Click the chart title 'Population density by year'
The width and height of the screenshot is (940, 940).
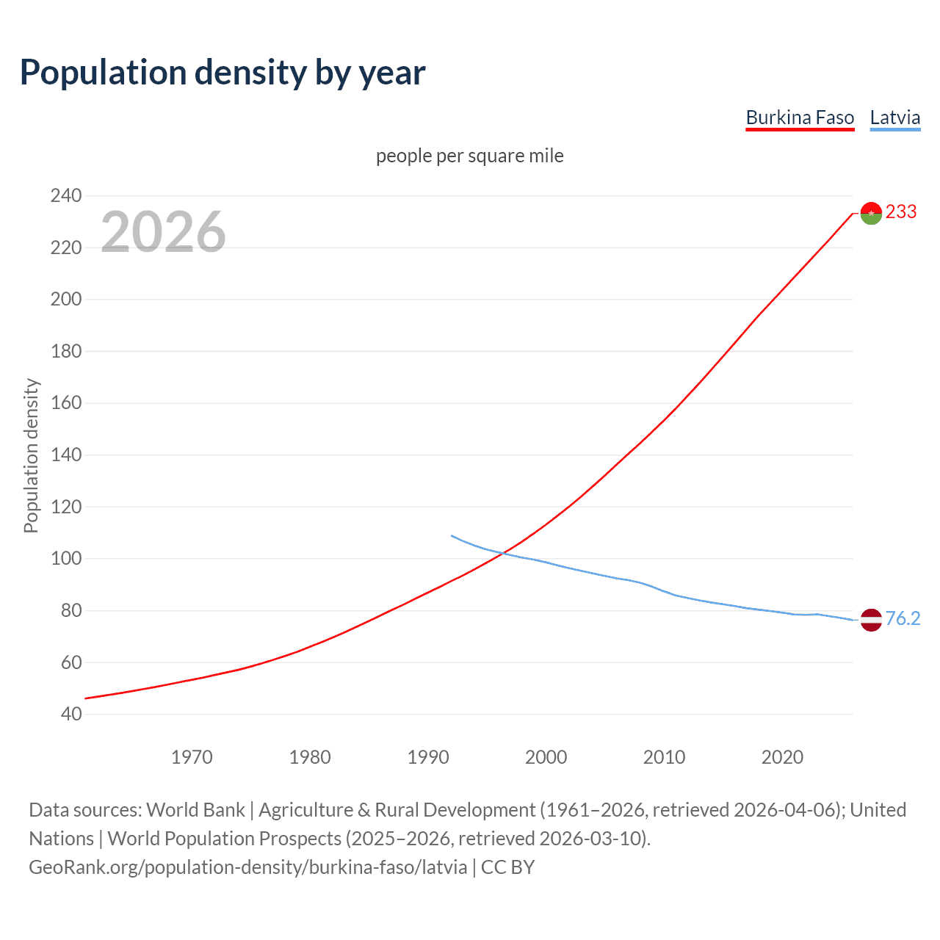tap(223, 73)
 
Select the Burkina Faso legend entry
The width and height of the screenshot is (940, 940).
tap(800, 117)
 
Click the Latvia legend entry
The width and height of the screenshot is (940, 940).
tap(894, 117)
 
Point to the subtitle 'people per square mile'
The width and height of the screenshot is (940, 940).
tap(470, 156)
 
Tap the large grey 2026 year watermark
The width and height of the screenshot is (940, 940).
tap(163, 232)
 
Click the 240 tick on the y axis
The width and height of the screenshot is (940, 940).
tap(66, 195)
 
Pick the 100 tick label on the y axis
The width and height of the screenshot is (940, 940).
tap(66, 559)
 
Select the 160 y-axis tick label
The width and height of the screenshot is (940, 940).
tap(66, 403)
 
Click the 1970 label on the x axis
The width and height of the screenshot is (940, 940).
tap(192, 757)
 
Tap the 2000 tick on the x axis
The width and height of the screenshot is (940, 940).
tap(546, 757)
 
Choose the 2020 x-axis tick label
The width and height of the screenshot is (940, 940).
tap(782, 757)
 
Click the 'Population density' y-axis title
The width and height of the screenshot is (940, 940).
tap(31, 455)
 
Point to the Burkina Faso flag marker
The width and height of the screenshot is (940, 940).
tap(871, 213)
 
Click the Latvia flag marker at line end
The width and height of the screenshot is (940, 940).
tap(871, 620)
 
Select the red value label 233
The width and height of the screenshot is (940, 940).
tap(901, 212)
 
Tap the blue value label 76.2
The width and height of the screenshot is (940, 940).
tap(903, 619)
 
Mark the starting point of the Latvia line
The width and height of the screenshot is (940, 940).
tap(452, 535)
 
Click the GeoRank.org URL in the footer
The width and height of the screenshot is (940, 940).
tap(248, 867)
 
